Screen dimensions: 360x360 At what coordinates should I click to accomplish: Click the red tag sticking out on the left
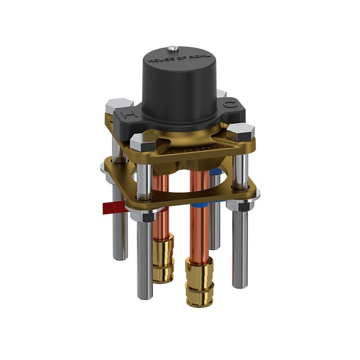[112, 208]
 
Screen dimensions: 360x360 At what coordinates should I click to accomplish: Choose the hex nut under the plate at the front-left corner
[145, 216]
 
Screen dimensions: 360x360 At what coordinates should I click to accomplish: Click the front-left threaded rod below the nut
[145, 259]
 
